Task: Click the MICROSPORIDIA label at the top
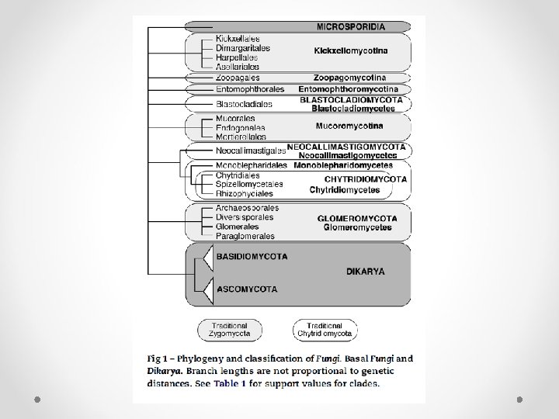tap(349, 26)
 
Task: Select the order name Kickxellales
tap(238, 38)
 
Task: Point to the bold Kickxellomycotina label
tap(351, 51)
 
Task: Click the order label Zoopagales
tap(238, 78)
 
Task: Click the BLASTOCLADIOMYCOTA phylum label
tap(351, 100)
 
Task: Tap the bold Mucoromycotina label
tap(349, 125)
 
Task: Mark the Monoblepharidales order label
tap(251, 166)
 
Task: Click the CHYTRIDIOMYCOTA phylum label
tap(365, 179)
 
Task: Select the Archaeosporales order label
tap(248, 208)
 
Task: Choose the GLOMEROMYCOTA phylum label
tap(356, 219)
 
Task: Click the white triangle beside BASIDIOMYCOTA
tap(206, 257)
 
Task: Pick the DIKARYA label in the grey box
tap(365, 272)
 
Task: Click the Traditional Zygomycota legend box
tap(228, 329)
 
